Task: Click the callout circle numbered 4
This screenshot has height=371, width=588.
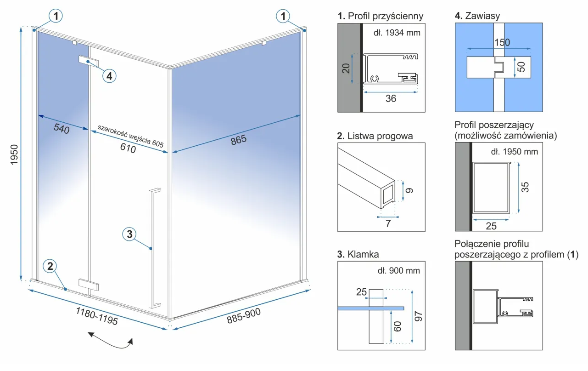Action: click(109, 75)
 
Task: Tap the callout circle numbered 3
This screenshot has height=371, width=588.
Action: click(129, 234)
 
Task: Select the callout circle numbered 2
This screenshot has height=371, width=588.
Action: click(50, 266)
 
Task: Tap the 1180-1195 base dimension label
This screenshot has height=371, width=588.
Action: click(97, 316)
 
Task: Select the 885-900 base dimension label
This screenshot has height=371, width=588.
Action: click(244, 315)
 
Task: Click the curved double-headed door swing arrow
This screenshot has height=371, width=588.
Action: click(111, 342)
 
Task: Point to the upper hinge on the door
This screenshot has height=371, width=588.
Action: click(88, 61)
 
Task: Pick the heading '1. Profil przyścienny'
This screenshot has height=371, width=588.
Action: click(380, 16)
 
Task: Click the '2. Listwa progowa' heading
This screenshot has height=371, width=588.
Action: click(375, 136)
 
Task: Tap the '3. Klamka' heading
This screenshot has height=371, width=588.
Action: click(358, 254)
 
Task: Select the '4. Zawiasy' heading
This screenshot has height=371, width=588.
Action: click(477, 16)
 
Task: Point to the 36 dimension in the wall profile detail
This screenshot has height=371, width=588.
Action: click(391, 98)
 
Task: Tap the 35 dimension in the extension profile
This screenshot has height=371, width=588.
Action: click(526, 187)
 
